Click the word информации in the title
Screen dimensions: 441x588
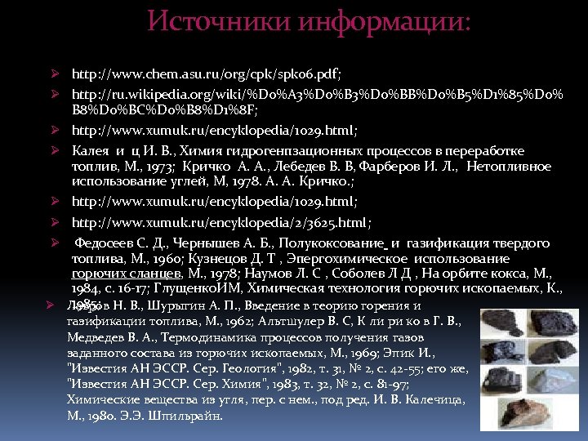pos(384,22)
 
